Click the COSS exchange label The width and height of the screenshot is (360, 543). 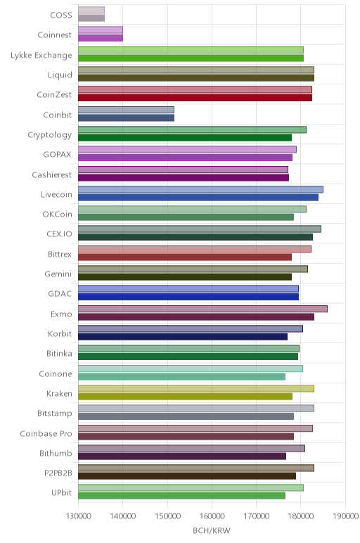click(61, 15)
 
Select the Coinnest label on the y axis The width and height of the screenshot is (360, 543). click(55, 34)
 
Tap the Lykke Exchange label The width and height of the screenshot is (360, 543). click(41, 55)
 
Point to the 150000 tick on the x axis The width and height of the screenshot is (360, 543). click(167, 516)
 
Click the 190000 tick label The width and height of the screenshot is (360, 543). click(345, 516)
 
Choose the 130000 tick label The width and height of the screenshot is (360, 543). click(78, 516)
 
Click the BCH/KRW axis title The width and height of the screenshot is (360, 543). click(212, 530)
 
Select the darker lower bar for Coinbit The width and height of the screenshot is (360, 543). click(126, 117)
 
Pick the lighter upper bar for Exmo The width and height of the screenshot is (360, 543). click(202, 309)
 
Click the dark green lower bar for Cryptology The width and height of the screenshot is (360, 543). click(185, 138)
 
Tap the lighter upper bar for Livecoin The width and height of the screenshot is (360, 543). click(200, 189)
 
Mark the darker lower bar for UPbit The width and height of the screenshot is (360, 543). click(181, 496)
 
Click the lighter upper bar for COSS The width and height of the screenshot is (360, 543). click(91, 10)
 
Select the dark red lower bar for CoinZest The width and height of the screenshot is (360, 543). click(195, 98)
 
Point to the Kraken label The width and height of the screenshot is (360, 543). click(59, 393)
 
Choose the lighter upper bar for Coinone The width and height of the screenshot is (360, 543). click(191, 369)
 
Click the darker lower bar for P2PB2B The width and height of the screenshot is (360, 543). click(187, 475)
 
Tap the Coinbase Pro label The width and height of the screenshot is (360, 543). click(46, 433)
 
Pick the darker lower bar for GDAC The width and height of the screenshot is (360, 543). click(188, 297)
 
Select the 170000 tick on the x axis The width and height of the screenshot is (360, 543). click(256, 516)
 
